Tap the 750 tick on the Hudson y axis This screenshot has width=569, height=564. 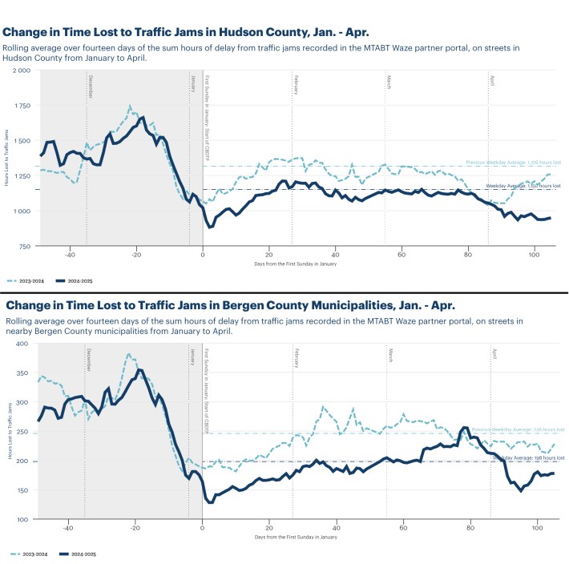point(24,247)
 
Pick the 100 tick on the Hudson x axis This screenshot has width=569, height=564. point(534,255)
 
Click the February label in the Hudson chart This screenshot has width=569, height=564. point(296,85)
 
